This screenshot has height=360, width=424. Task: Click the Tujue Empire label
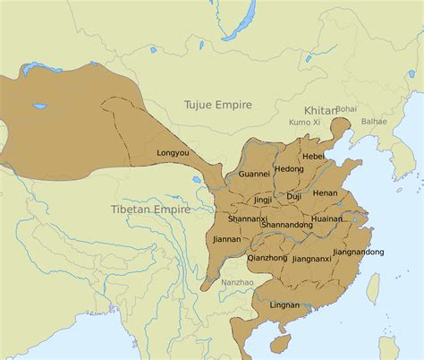click(223, 105)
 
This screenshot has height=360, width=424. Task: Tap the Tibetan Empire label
click(150, 209)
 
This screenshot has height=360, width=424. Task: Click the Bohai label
click(346, 107)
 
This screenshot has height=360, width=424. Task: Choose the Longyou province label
click(173, 153)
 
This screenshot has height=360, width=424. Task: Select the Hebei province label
click(313, 156)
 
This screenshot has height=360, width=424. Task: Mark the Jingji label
click(262, 200)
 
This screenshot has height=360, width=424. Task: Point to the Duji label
click(293, 196)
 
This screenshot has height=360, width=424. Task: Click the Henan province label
click(325, 193)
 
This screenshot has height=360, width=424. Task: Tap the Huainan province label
click(327, 219)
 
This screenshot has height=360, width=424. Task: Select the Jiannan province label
click(225, 239)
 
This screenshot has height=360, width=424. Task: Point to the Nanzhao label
click(237, 282)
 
